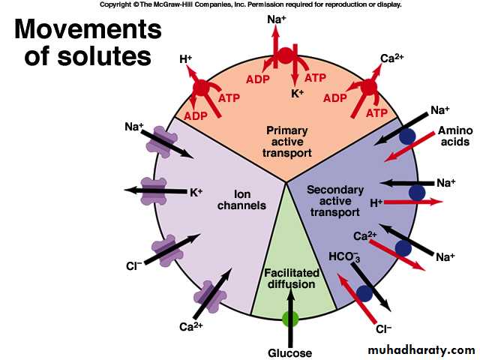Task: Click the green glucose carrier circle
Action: [289, 319]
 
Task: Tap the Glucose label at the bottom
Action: [289, 352]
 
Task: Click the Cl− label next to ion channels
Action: [134, 265]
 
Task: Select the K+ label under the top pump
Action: [297, 94]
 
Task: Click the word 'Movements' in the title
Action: [88, 30]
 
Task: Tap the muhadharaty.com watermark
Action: [422, 350]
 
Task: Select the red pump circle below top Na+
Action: [285, 55]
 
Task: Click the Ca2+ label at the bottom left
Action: [190, 326]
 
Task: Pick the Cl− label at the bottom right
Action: [384, 328]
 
